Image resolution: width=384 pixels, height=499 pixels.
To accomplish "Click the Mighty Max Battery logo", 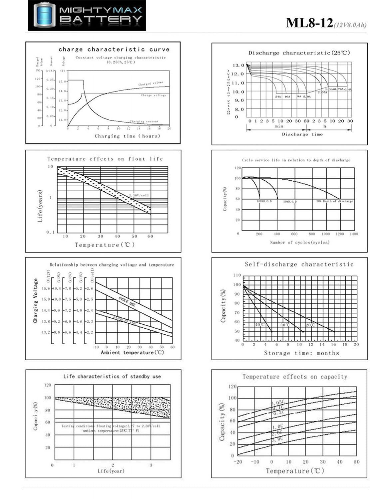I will point(87,16).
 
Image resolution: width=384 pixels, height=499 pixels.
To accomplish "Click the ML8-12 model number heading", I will point(309,23).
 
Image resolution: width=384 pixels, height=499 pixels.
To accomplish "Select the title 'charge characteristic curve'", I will point(114,49).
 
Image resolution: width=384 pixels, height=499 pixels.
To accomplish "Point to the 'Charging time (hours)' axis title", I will point(127,136).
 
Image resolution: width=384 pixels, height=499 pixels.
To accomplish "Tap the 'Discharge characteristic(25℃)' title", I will point(299,53).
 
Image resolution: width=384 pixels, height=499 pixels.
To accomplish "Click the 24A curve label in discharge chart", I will point(278,96).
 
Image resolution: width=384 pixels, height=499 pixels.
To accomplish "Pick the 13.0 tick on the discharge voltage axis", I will point(238,65).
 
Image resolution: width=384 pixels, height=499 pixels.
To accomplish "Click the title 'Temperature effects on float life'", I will point(105,159).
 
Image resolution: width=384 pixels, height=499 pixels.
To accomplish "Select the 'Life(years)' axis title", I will point(40,206).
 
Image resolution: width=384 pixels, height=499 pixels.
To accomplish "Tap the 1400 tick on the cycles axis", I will point(354,234).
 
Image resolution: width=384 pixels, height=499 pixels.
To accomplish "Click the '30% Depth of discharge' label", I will point(334,201).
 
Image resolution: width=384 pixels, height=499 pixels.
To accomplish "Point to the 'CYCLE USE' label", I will point(127,302).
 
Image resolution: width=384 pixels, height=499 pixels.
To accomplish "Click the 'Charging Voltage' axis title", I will point(35,301).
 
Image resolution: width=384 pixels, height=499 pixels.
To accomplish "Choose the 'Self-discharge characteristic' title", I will point(299,264).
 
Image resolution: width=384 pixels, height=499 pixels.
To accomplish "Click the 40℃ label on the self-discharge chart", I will point(259,325).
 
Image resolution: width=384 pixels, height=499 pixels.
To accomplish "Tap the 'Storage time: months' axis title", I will point(301,353).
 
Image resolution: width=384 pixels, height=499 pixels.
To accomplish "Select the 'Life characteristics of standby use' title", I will point(112,376).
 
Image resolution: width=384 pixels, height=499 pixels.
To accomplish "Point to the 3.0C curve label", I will point(277,439).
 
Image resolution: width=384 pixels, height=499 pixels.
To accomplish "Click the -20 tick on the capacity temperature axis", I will point(238,462).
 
